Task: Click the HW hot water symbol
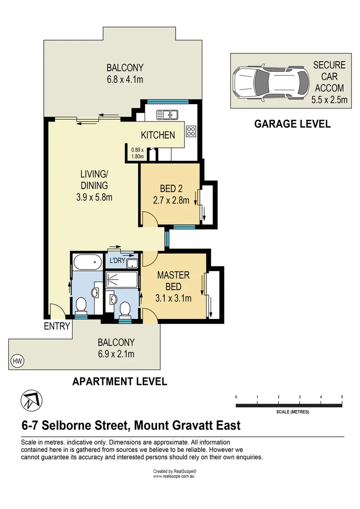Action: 18,361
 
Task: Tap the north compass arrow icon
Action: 30,400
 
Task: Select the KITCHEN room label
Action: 158,135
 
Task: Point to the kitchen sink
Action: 166,114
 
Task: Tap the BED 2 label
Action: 171,189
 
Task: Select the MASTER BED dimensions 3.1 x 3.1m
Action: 173,298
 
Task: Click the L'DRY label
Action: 117,261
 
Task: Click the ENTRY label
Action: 57,326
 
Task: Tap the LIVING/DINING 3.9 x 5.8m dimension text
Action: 94,197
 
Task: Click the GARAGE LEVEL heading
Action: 292,124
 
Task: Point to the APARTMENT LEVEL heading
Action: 120,382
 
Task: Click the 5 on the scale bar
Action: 342,397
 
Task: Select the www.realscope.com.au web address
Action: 174,476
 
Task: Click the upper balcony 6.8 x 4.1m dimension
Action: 124,79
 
